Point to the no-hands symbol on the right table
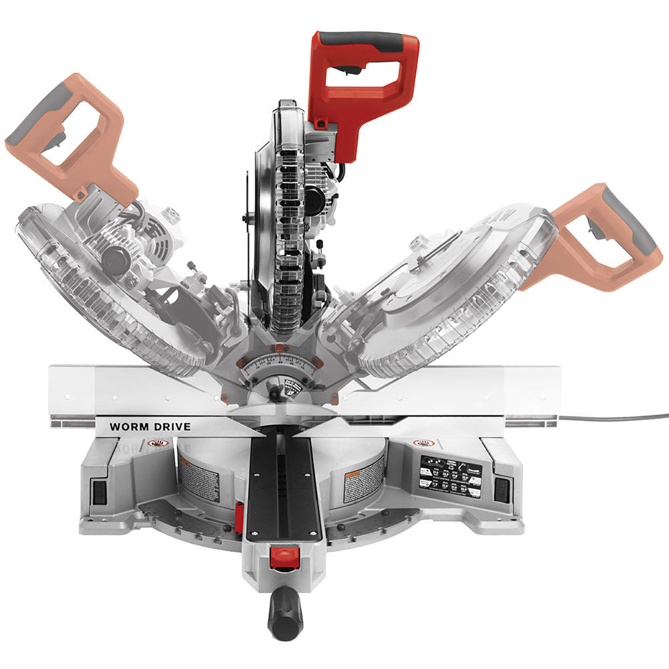tap(422, 443)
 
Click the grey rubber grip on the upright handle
tap(365, 41)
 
